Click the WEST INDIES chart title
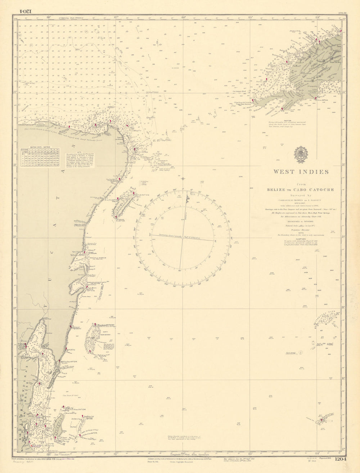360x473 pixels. coord(301,172)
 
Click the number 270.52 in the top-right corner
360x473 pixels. coord(342,13)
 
